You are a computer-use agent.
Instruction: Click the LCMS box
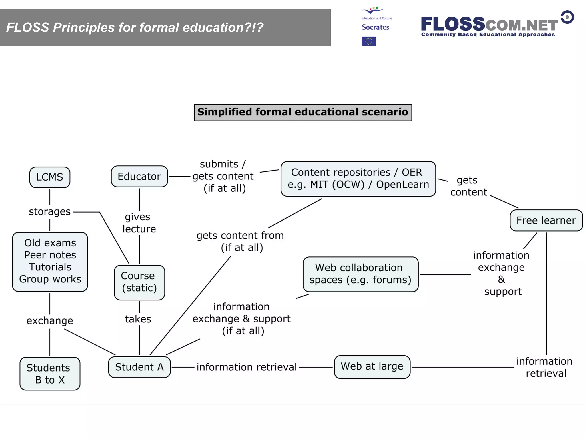click(x=50, y=177)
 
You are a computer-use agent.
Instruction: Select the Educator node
click(x=139, y=177)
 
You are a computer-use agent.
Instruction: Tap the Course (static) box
click(x=139, y=282)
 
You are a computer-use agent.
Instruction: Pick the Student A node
click(x=139, y=367)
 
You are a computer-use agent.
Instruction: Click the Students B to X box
click(x=50, y=374)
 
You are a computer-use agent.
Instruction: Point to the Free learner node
click(x=546, y=220)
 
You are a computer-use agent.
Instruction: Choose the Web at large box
click(x=372, y=367)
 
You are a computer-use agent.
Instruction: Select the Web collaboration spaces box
click(x=360, y=274)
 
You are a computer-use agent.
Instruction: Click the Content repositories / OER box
click(x=358, y=179)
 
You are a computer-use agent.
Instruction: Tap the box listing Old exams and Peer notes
click(x=50, y=261)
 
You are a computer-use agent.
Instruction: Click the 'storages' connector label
click(x=50, y=212)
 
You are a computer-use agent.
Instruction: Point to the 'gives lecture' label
click(x=139, y=223)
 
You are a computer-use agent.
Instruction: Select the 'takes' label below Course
click(x=138, y=319)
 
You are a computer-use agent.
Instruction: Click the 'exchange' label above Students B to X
click(x=50, y=321)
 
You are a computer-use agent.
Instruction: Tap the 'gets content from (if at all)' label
click(x=240, y=241)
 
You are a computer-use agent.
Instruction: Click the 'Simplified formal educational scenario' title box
click(x=303, y=112)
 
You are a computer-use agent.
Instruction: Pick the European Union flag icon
click(x=368, y=41)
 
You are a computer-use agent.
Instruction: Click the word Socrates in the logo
click(x=375, y=27)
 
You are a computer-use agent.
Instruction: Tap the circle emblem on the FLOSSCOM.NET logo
click(x=567, y=17)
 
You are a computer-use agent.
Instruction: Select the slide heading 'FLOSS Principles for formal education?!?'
click(x=135, y=27)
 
